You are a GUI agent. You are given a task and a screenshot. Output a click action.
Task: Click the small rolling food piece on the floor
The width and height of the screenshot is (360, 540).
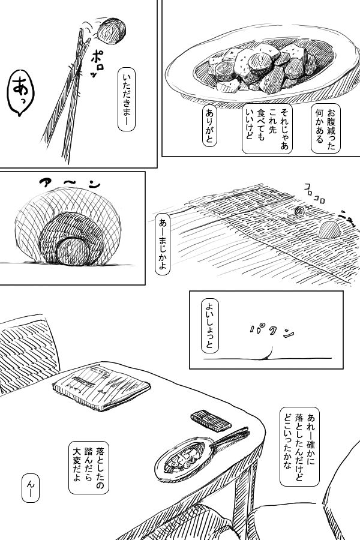[x=299, y=211]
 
